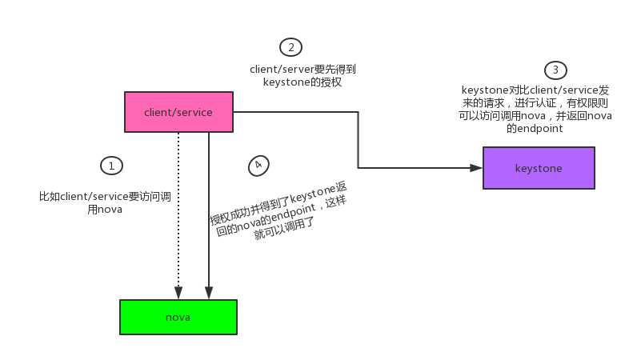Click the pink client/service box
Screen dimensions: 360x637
178,112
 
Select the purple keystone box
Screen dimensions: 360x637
539,168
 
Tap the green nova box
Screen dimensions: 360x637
178,317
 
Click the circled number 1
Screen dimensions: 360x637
110,166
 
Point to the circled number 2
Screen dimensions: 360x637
291,46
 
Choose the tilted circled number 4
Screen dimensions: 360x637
258,166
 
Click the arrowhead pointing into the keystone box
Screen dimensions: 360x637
477,168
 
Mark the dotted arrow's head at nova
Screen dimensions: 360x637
178,293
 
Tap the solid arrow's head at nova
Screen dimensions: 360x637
208,293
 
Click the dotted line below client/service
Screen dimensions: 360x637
178,208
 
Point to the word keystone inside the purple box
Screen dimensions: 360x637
539,168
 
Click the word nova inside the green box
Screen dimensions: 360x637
178,317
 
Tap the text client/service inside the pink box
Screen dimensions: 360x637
178,112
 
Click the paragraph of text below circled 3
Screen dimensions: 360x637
535,109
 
